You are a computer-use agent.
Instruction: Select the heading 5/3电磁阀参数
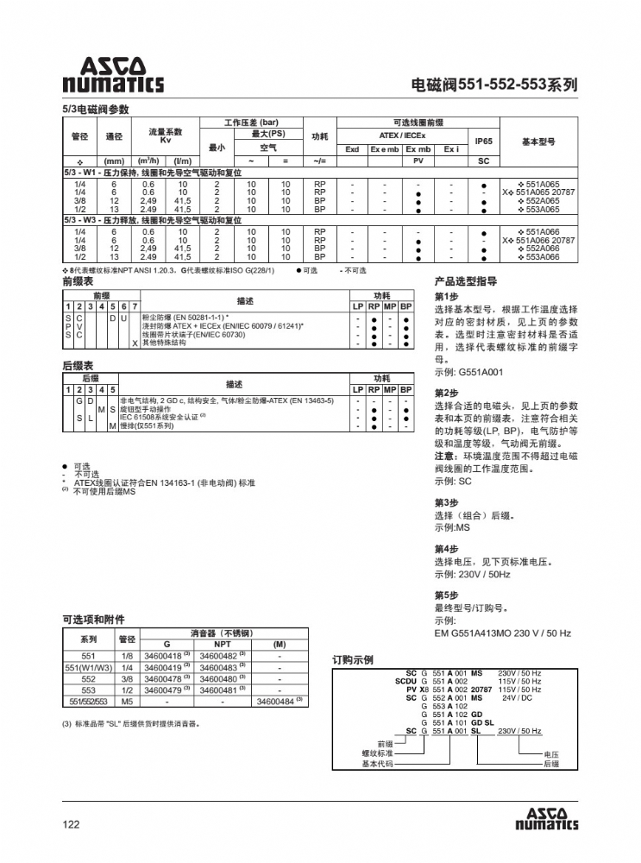click(x=95, y=110)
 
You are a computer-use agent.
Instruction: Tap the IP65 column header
click(x=483, y=141)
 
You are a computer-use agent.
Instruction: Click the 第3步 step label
click(x=446, y=502)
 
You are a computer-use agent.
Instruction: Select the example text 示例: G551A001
click(x=468, y=372)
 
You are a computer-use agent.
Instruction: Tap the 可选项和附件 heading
click(x=93, y=620)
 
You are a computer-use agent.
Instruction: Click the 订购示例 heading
click(x=353, y=660)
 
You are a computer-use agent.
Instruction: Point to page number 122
click(x=71, y=824)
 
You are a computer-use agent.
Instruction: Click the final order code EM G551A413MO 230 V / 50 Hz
click(x=502, y=633)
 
